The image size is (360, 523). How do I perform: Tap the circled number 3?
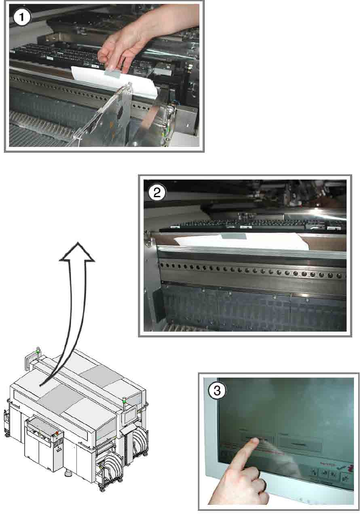tap(217, 391)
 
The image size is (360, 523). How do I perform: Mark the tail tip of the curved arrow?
tap(41, 384)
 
